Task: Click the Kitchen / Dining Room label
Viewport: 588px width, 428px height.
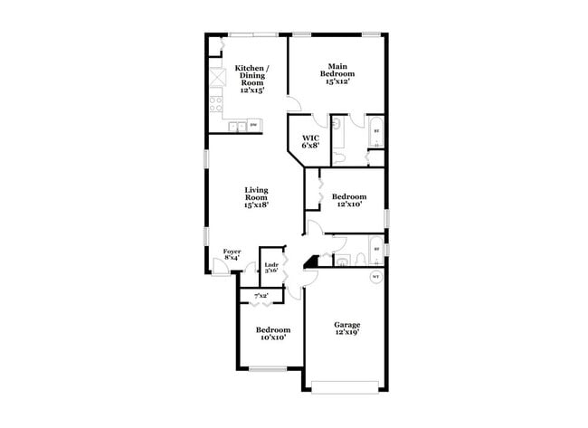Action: tap(249, 79)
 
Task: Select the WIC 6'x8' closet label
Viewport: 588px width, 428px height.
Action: tap(310, 141)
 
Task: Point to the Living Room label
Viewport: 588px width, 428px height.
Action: tap(255, 197)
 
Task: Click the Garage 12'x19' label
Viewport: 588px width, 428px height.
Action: tap(347, 330)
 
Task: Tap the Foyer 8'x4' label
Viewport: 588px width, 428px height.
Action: tap(232, 254)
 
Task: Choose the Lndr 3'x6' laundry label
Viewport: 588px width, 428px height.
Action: tap(270, 269)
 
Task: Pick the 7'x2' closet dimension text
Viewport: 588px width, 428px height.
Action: tap(261, 296)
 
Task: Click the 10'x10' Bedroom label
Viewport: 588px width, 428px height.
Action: tap(272, 334)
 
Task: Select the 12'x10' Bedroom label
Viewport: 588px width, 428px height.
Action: tap(349, 201)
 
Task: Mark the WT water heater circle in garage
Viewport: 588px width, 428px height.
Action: tap(376, 279)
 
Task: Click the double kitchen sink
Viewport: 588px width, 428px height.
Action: tap(236, 127)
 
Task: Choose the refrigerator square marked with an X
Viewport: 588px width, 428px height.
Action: tap(216, 80)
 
